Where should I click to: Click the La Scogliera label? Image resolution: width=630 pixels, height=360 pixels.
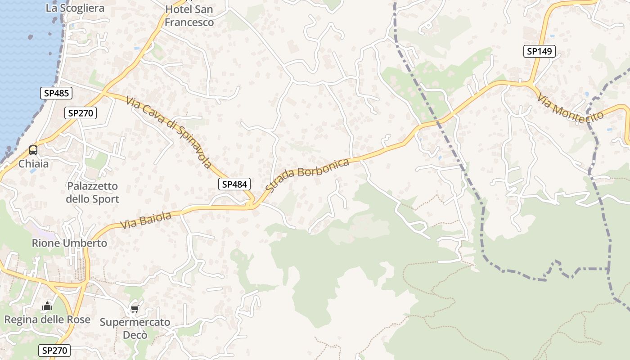click(75, 8)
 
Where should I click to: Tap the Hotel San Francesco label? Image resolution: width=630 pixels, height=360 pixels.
click(189, 15)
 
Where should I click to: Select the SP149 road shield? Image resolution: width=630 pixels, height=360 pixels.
click(539, 51)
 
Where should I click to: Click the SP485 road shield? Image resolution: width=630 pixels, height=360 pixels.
click(56, 94)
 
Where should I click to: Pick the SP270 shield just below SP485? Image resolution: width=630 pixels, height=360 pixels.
click(81, 113)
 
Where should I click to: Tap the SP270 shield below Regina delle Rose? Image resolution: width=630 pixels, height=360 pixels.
click(55, 350)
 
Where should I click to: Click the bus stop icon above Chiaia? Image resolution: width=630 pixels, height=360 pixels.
click(33, 150)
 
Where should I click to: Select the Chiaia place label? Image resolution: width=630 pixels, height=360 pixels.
click(33, 164)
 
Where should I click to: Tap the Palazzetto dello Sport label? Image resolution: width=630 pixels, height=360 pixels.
click(93, 192)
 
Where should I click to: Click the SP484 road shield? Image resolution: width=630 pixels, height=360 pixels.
click(234, 184)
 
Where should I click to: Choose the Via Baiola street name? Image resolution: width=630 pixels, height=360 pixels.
click(146, 220)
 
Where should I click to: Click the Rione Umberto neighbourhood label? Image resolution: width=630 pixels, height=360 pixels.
click(69, 243)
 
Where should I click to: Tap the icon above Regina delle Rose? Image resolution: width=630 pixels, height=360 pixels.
click(47, 307)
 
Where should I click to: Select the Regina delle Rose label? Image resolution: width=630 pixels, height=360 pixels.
click(47, 319)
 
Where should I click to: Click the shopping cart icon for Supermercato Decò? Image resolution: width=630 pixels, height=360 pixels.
click(135, 309)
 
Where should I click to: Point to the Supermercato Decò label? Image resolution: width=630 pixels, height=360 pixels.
click(135, 328)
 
